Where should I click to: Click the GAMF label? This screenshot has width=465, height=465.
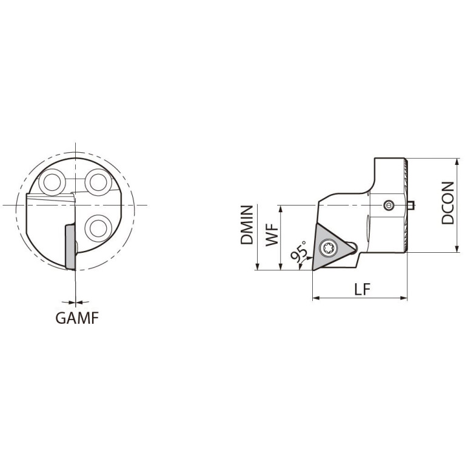coord(77,318)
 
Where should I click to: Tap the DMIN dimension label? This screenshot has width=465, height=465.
coord(247,225)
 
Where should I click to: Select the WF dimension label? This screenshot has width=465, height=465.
coord(272,235)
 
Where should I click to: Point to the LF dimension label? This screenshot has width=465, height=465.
coord(363,289)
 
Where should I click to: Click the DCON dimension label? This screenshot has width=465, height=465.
coord(447,203)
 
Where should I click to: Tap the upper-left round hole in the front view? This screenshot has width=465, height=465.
coord(52,182)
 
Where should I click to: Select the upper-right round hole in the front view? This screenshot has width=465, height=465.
coord(98,182)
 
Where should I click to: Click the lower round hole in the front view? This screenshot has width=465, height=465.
coord(98,229)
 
